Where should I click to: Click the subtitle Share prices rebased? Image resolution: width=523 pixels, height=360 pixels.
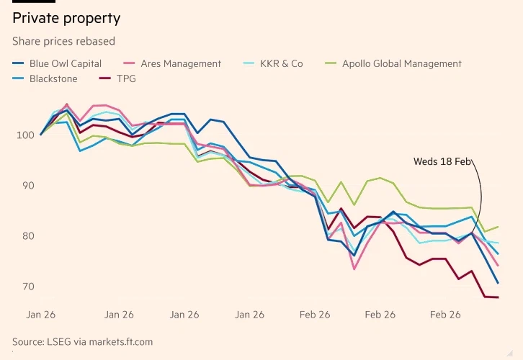tap(63, 41)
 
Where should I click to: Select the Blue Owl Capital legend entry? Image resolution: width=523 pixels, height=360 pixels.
tap(66, 63)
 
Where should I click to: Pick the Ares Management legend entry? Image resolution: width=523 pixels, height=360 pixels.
tap(181, 63)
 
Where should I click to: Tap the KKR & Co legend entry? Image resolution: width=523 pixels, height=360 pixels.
tap(282, 63)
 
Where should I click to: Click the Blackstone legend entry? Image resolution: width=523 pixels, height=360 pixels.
tap(53, 78)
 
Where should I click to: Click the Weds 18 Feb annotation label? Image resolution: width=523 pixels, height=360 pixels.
tap(442, 161)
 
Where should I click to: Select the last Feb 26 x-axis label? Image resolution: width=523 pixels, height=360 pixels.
tap(445, 315)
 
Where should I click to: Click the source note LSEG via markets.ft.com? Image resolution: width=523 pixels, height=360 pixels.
tap(82, 341)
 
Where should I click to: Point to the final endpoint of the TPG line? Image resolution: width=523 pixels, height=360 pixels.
tap(498, 297)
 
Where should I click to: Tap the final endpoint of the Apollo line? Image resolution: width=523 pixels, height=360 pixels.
tap(499, 227)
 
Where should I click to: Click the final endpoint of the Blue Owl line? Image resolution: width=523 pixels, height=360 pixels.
tap(498, 283)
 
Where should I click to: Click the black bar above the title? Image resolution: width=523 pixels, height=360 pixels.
tap(33, 2)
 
